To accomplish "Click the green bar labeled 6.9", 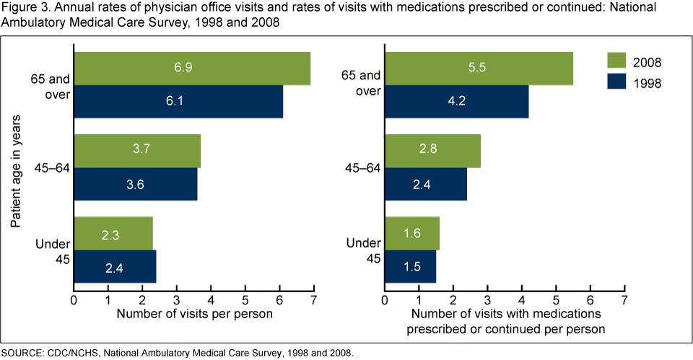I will pyautogui.click(x=192, y=69).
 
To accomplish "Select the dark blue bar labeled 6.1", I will pyautogui.click(x=178, y=102).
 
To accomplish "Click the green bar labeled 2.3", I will pyautogui.click(x=113, y=233).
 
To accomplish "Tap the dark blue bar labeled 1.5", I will pyautogui.click(x=411, y=266).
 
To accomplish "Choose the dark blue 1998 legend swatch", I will pyautogui.click(x=616, y=83).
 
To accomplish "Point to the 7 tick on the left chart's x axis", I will pyautogui.click(x=313, y=298).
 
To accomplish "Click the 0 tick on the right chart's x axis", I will pyautogui.click(x=385, y=298).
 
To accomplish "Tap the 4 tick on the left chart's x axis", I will pyautogui.click(x=211, y=298).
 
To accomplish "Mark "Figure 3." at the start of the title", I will pyautogui.click(x=23, y=8).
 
